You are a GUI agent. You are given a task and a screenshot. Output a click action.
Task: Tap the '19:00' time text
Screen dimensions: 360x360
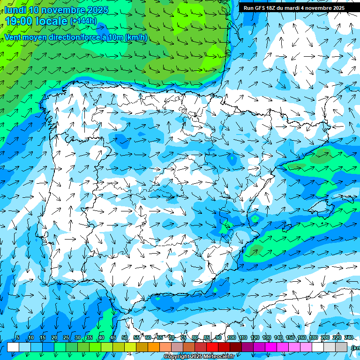click(x=18, y=21)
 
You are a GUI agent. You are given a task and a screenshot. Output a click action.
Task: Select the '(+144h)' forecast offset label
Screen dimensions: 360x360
click(x=83, y=21)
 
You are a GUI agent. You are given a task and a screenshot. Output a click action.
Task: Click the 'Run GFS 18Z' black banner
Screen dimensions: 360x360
click(x=294, y=8)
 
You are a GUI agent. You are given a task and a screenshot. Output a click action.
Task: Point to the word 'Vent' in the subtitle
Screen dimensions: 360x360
click(x=13, y=37)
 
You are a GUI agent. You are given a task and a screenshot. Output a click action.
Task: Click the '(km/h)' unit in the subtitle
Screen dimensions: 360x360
click(x=136, y=37)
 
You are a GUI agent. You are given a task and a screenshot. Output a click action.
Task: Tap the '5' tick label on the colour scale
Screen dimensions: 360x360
click(x=18, y=337)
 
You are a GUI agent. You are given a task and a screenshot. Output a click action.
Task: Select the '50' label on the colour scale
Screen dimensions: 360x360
click(x=124, y=337)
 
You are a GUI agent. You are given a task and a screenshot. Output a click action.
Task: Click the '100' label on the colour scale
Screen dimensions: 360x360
click(x=231, y=337)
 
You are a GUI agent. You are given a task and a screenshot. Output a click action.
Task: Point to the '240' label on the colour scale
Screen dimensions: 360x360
click(x=349, y=337)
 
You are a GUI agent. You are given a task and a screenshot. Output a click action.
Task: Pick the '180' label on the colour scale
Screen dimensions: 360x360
click(x=314, y=337)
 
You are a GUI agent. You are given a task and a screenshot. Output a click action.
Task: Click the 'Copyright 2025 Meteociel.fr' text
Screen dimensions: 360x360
click(x=199, y=357)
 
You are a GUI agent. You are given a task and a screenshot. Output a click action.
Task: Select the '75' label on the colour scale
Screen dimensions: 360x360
click(x=183, y=337)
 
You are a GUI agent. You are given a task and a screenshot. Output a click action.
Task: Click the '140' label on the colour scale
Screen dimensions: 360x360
click(x=278, y=337)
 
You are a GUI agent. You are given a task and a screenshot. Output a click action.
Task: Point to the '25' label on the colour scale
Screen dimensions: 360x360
click(x=66, y=337)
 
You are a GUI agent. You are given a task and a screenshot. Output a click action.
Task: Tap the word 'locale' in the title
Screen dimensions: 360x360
click(x=50, y=21)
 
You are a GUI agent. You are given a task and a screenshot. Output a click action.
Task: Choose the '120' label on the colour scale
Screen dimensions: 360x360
click(x=255, y=337)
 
